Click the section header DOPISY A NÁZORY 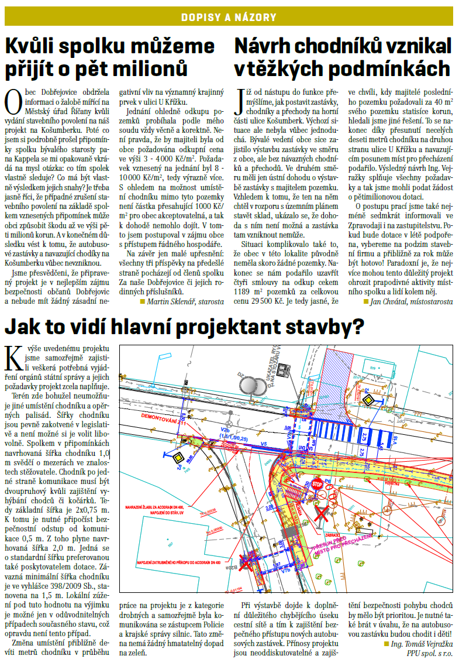point(229,18)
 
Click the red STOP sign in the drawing point(317,485)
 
